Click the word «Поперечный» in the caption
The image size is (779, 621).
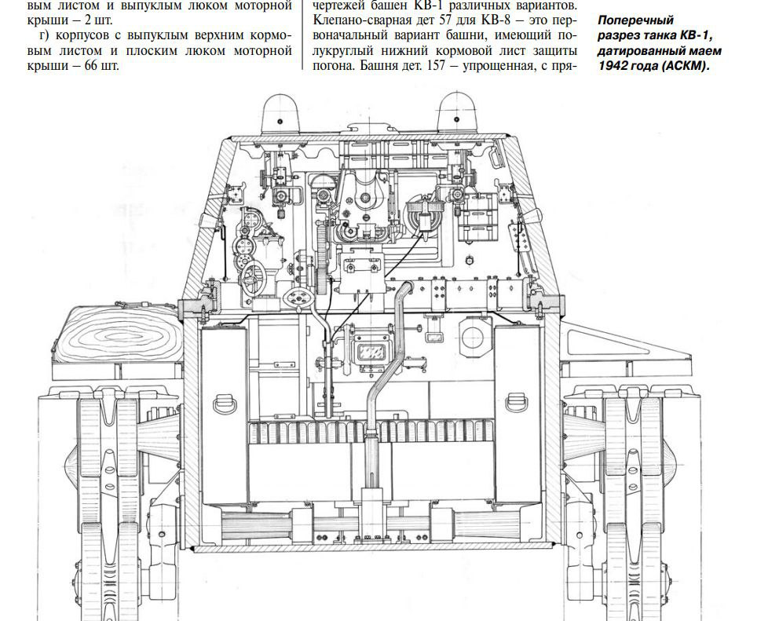click(635, 20)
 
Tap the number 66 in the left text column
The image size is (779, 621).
click(91, 66)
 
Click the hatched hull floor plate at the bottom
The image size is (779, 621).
click(372, 547)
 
